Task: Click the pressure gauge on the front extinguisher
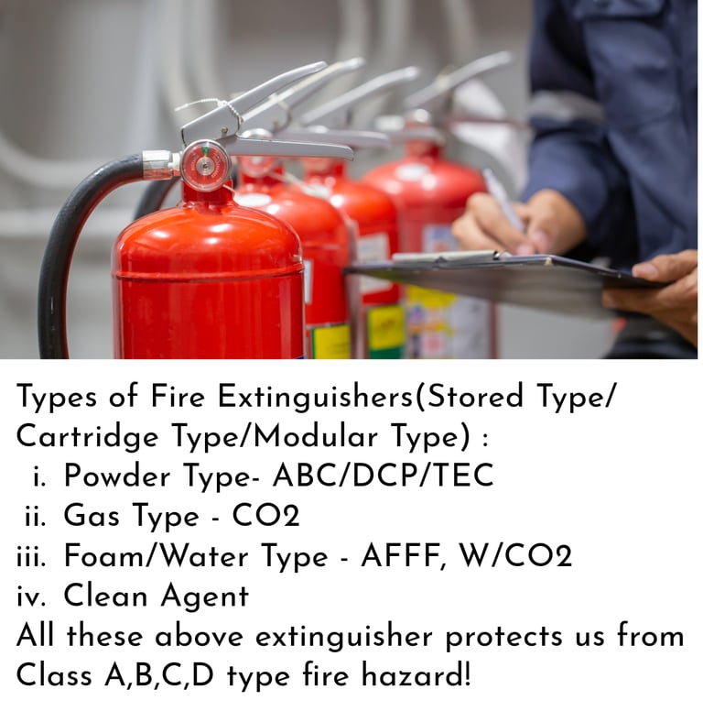point(205,166)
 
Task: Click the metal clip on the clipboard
point(449,257)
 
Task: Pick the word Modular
point(315,436)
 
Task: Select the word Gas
point(92,516)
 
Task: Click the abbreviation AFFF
point(402,556)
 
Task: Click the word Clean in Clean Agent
point(105,596)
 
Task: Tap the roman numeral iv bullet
point(31,596)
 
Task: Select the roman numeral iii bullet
point(31,557)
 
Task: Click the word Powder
point(117,476)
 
